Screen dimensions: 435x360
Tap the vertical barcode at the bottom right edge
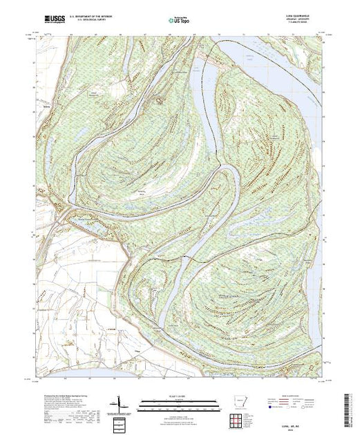(x=354, y=407)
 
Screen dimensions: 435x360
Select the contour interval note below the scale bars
(x=178, y=412)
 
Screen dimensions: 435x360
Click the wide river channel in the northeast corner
(x=290, y=52)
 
